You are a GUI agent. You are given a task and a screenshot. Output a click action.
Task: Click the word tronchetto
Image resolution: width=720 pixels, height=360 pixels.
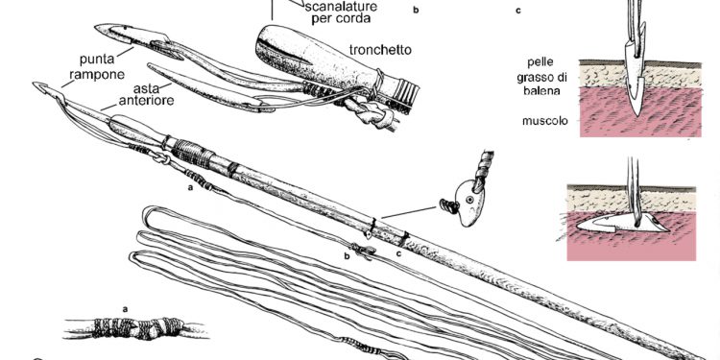coord(380,50)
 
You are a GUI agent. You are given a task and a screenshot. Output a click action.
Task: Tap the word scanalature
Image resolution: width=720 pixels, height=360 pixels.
coord(341,7)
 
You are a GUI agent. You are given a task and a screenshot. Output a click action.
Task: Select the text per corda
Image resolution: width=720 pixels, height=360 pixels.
coord(341,19)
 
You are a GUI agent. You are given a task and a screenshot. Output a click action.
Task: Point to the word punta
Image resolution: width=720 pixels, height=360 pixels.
coord(97,60)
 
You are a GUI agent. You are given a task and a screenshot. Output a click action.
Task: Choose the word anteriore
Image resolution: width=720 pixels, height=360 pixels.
coord(147,100)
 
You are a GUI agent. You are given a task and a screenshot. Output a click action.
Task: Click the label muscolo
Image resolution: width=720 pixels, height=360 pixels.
coord(544,121)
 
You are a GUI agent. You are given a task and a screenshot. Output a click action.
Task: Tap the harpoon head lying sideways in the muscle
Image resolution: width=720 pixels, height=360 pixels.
coord(622,223)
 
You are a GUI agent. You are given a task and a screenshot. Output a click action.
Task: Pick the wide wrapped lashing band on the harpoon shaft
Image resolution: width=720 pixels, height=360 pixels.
coord(193,154)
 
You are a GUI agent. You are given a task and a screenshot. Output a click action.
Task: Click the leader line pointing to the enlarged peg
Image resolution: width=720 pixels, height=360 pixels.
coord(408,212)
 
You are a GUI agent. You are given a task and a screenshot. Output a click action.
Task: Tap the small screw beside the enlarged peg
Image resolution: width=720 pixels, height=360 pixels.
coord(448,206)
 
